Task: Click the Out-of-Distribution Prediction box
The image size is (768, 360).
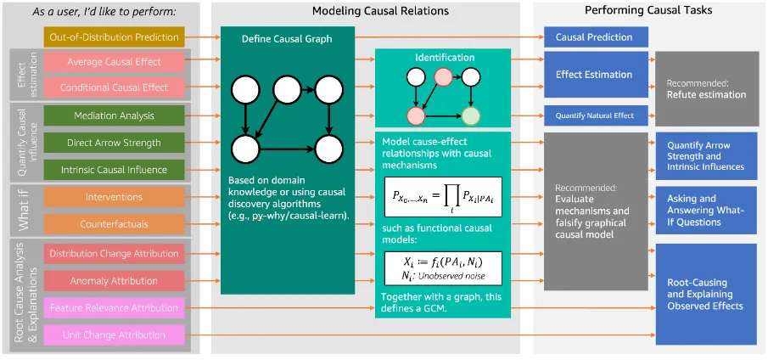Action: click(114, 37)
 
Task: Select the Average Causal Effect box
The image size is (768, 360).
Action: click(114, 61)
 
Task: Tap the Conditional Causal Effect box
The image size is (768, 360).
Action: click(114, 87)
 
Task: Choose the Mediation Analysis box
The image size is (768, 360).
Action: click(114, 115)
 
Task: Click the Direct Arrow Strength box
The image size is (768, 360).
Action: click(114, 143)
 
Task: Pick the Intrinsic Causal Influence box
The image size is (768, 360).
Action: click(114, 170)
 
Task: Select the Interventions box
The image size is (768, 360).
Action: click(114, 197)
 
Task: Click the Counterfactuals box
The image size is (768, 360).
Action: click(114, 224)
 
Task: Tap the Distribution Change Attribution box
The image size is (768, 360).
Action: click(114, 253)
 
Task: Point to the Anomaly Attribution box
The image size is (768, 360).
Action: click(114, 280)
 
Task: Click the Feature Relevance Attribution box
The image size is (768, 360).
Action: click(114, 308)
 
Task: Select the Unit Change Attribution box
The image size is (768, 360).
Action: click(114, 335)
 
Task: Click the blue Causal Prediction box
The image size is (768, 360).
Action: click(596, 37)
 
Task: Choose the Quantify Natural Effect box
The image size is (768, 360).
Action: click(596, 115)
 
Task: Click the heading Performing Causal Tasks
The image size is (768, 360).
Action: click(649, 10)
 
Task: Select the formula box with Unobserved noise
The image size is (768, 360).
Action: click(443, 267)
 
